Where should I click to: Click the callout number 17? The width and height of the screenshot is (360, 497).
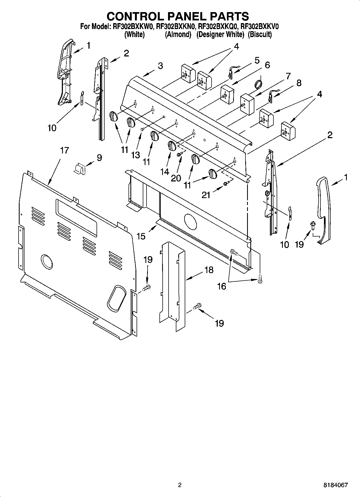coord(65,151)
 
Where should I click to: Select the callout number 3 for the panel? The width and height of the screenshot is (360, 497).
coord(160,66)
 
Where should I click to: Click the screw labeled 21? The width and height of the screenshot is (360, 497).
coord(225,184)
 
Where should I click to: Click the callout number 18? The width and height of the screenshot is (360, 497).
coord(209,270)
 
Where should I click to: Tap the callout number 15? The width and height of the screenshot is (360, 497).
coord(141,236)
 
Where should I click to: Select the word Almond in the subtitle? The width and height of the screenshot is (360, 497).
coord(178,34)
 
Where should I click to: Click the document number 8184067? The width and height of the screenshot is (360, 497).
coord(336,485)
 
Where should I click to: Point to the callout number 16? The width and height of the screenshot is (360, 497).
coord(222,287)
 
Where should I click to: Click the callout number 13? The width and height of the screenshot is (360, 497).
coord(136,155)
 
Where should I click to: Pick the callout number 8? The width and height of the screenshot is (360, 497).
coord(299,83)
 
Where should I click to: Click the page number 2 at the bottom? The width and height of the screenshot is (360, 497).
coord(180,485)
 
